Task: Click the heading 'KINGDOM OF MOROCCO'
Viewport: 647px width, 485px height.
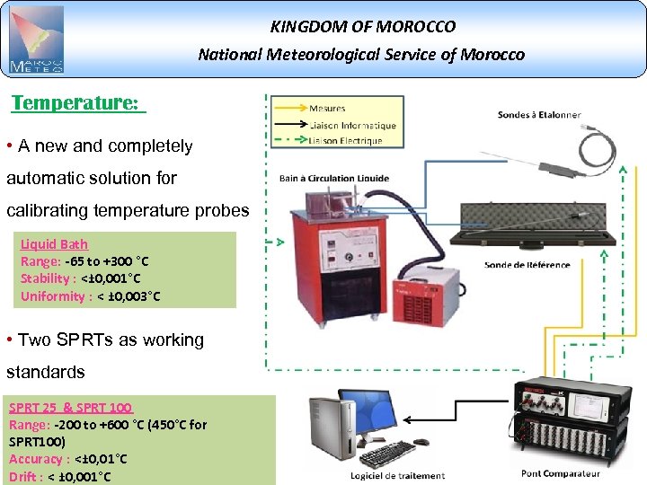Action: (x=362, y=27)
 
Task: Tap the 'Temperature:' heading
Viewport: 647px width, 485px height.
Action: (x=77, y=102)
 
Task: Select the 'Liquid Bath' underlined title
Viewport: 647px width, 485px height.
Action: (x=54, y=244)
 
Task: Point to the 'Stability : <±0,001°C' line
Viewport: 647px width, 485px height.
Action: (x=80, y=278)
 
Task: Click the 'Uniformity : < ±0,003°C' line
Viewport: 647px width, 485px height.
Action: (x=90, y=295)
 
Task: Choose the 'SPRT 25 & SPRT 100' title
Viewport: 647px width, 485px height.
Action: (x=71, y=408)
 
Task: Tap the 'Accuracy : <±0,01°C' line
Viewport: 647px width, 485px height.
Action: (x=67, y=459)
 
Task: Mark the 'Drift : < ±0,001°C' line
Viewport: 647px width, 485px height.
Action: (x=59, y=476)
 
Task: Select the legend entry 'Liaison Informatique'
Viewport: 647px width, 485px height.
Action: (x=351, y=125)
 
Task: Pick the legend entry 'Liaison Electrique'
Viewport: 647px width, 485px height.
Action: (x=345, y=140)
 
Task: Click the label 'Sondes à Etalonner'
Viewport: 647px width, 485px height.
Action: (x=538, y=115)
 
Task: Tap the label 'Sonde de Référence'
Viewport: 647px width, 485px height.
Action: (x=527, y=265)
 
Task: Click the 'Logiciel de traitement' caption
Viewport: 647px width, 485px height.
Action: (x=396, y=475)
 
